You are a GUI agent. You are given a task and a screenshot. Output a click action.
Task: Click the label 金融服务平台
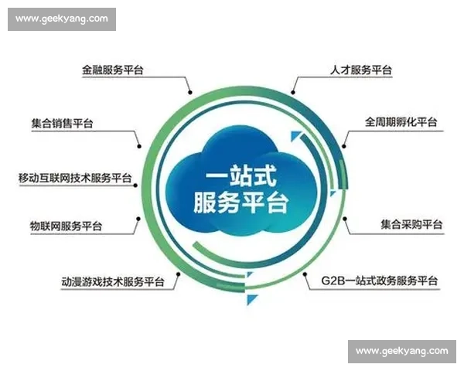[113, 70]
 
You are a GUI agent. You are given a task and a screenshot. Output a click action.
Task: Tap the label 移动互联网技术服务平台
[75, 178]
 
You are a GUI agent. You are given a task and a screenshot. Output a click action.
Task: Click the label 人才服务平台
[357, 70]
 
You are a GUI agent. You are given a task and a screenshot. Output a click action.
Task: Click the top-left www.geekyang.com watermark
[62, 19]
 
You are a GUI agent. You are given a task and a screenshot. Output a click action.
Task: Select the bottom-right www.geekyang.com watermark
[401, 351]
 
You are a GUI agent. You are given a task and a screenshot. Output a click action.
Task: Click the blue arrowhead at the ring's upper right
[295, 138]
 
